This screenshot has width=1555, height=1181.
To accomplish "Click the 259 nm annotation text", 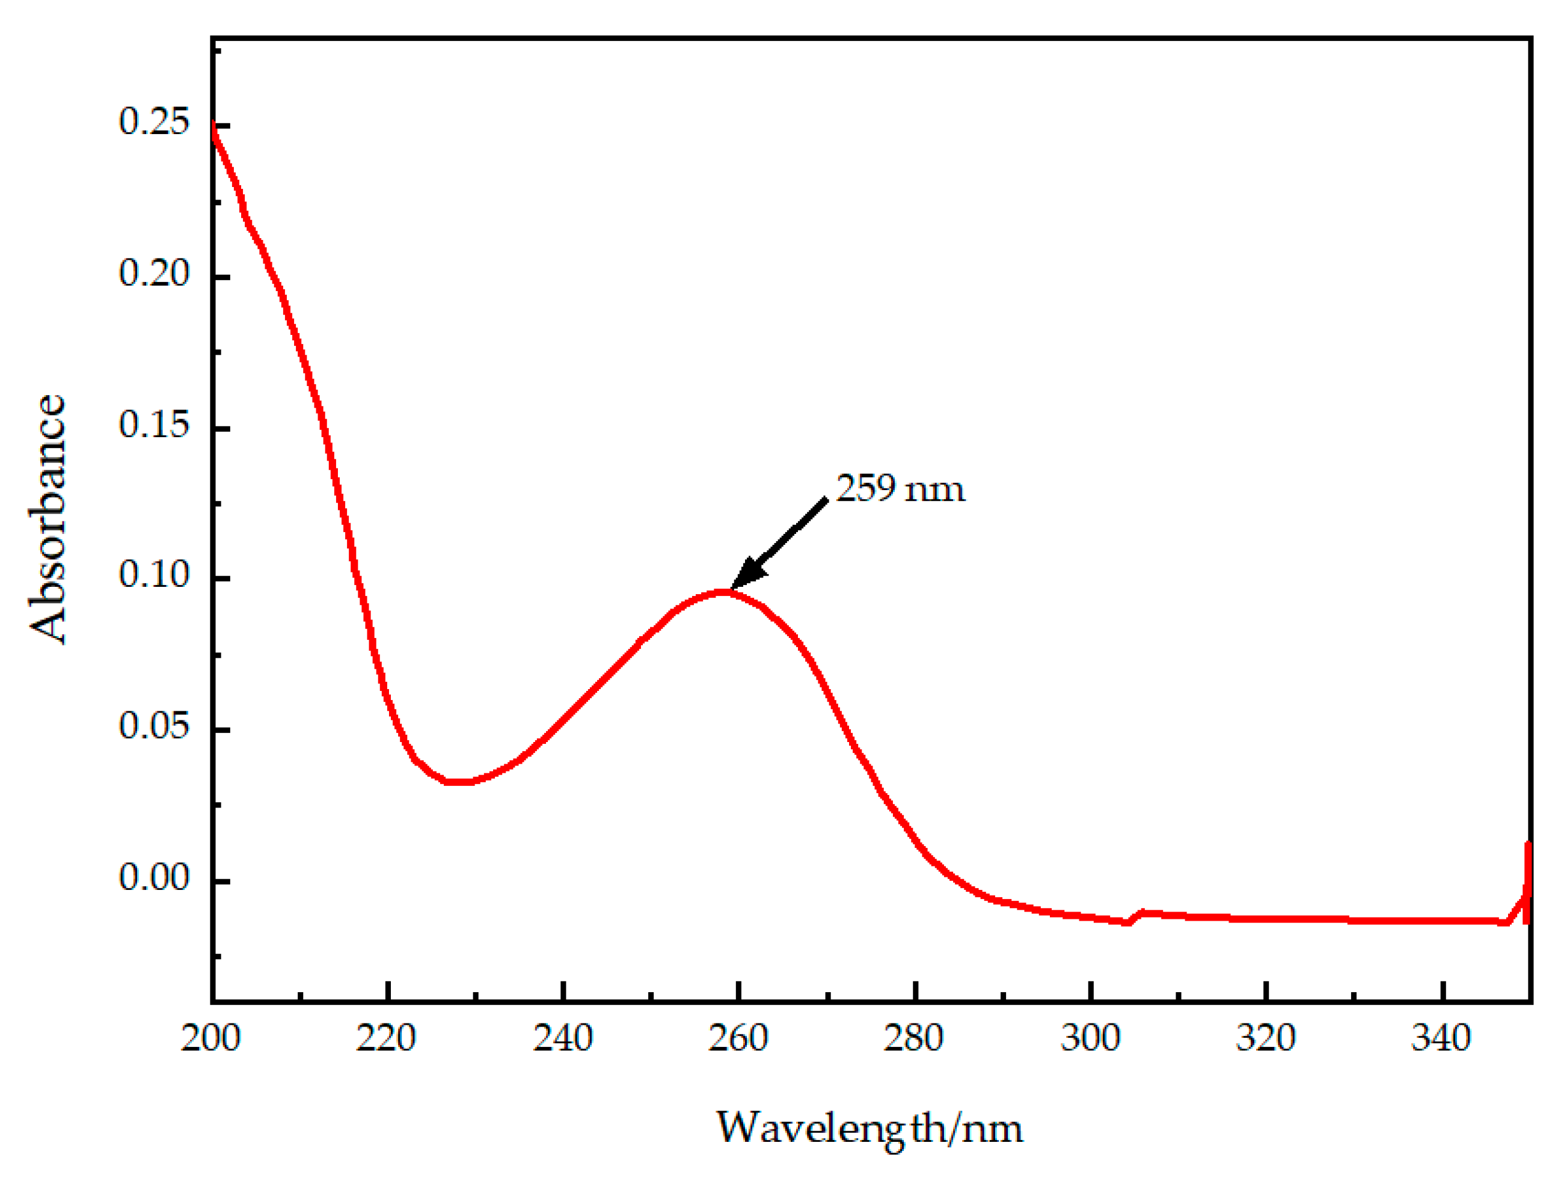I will [x=900, y=488].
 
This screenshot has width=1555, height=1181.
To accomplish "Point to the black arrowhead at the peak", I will [x=747, y=573].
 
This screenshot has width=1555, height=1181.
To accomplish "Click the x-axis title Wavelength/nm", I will [x=870, y=1127].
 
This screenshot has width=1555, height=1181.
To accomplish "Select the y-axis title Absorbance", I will [x=48, y=519].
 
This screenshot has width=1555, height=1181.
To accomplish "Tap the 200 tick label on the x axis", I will [x=211, y=1038].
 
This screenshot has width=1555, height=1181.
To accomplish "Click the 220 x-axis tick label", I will [x=386, y=1038].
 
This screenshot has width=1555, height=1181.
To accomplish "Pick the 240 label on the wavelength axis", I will [x=562, y=1038].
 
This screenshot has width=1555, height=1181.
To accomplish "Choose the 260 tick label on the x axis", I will [x=738, y=1038].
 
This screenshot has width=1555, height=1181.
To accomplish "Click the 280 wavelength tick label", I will [x=914, y=1038].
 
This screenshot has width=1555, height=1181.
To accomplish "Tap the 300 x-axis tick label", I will [x=1090, y=1038].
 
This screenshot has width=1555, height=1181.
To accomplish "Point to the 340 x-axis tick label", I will [x=1441, y=1038].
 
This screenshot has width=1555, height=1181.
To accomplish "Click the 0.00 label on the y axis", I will [x=154, y=877].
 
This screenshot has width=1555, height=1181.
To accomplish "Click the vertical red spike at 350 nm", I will [x=1527, y=882].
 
